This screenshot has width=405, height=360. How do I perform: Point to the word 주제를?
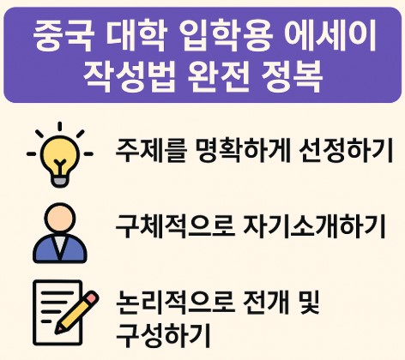pyautogui.click(x=145, y=153)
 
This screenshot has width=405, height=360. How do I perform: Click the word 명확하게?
pyautogui.click(x=221, y=153)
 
